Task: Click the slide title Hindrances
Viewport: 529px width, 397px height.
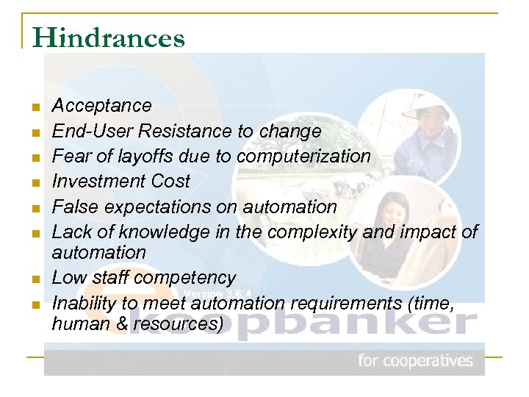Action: [x=109, y=37]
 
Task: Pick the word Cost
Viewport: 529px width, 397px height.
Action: [x=168, y=182]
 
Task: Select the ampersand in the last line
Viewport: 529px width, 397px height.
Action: [x=115, y=323]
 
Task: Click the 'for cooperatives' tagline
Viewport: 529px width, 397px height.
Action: [x=415, y=361]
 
